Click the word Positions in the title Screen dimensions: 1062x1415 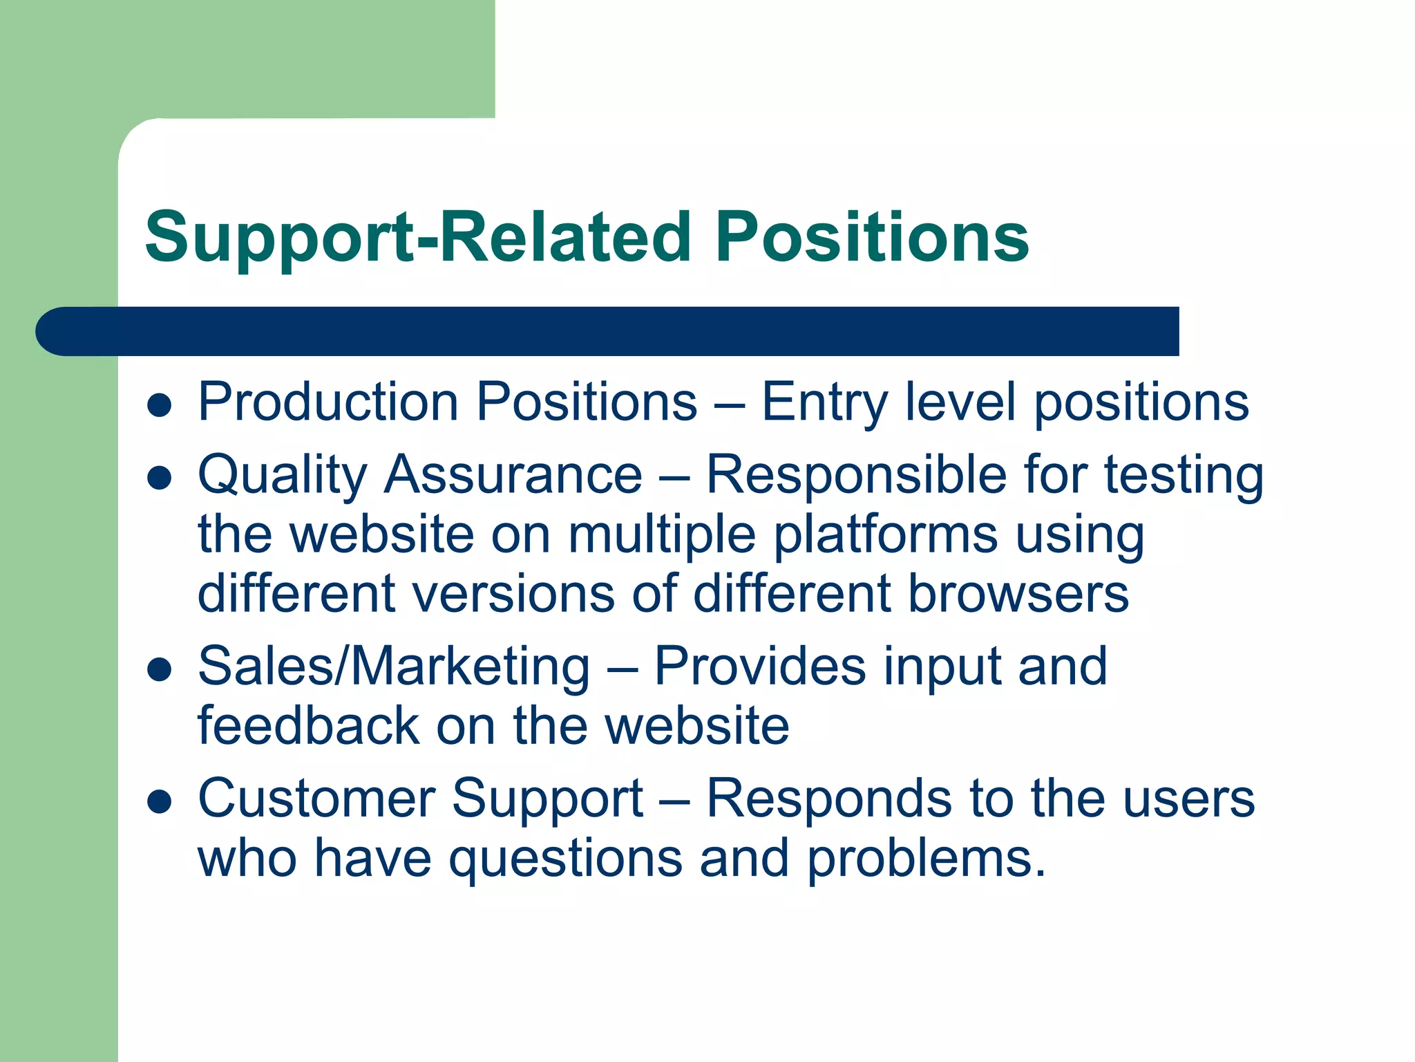(872, 237)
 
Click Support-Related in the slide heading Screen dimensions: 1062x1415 (418, 237)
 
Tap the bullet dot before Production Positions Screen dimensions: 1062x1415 (160, 406)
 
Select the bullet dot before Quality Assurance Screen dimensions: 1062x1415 (160, 478)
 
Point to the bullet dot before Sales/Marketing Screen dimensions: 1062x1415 (160, 669)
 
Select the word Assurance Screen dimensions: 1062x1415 (513, 476)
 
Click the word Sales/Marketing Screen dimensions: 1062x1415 (394, 667)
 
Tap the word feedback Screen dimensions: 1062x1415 (308, 726)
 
